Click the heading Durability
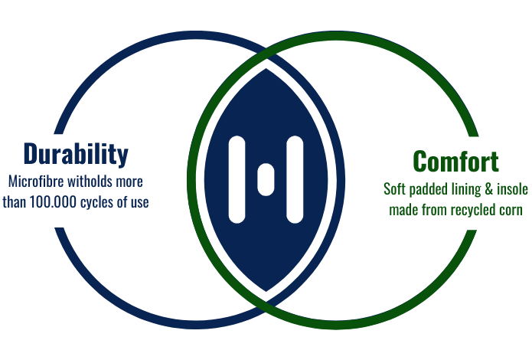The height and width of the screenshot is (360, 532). point(76,155)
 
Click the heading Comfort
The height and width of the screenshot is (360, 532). point(455,162)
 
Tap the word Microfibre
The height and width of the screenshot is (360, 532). point(36,182)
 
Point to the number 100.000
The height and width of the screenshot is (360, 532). point(53,202)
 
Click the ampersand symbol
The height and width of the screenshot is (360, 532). point(488,189)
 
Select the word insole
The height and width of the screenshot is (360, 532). point(512,189)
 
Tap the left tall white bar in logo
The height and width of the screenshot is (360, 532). point(237,180)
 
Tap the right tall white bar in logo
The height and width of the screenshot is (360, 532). point(295,180)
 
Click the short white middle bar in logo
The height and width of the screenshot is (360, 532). point(266,180)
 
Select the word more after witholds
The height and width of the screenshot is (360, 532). point(129,182)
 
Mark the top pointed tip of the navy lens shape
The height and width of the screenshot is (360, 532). point(266,69)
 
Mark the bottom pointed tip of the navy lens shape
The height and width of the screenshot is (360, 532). point(266,291)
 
